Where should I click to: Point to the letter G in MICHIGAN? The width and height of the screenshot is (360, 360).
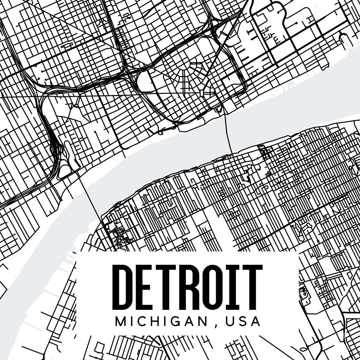click(x=177, y=321)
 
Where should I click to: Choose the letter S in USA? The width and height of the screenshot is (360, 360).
click(x=242, y=321)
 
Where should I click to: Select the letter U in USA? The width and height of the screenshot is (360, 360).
click(x=229, y=321)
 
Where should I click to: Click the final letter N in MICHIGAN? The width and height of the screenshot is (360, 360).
click(x=203, y=321)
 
